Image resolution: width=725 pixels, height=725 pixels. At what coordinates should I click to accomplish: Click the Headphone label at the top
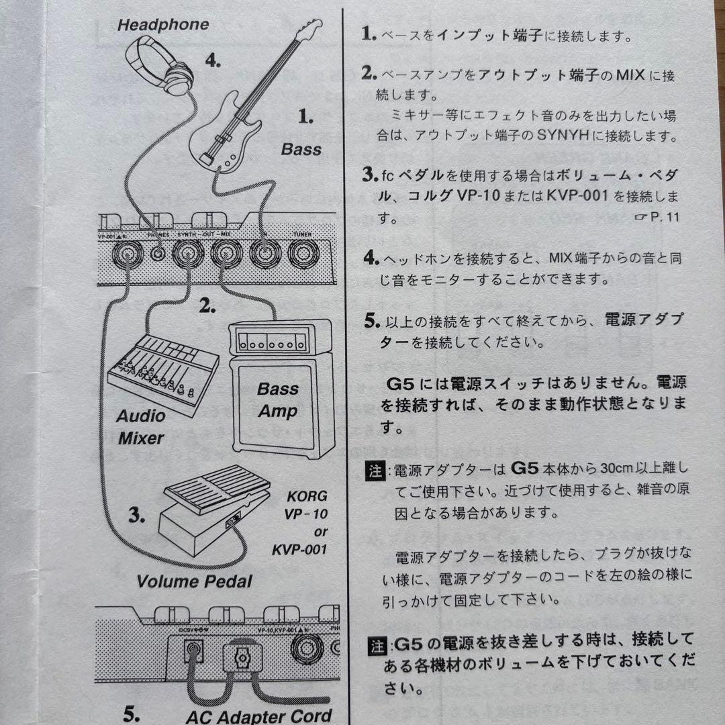click(x=163, y=26)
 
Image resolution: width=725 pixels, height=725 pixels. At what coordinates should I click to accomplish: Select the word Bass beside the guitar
click(x=301, y=150)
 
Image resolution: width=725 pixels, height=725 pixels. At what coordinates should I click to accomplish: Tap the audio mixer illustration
click(x=162, y=372)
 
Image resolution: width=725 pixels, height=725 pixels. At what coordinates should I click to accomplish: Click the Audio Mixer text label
click(x=141, y=427)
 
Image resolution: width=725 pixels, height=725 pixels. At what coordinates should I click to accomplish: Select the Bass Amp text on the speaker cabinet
click(x=277, y=400)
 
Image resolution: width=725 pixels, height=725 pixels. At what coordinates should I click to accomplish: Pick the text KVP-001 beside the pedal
click(x=299, y=550)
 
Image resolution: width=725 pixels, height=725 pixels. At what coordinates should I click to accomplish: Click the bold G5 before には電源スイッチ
click(x=402, y=385)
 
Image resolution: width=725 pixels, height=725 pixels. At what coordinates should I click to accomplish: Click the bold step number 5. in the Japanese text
click(x=371, y=320)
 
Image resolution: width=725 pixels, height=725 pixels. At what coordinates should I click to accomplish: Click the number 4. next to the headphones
click(x=212, y=61)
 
